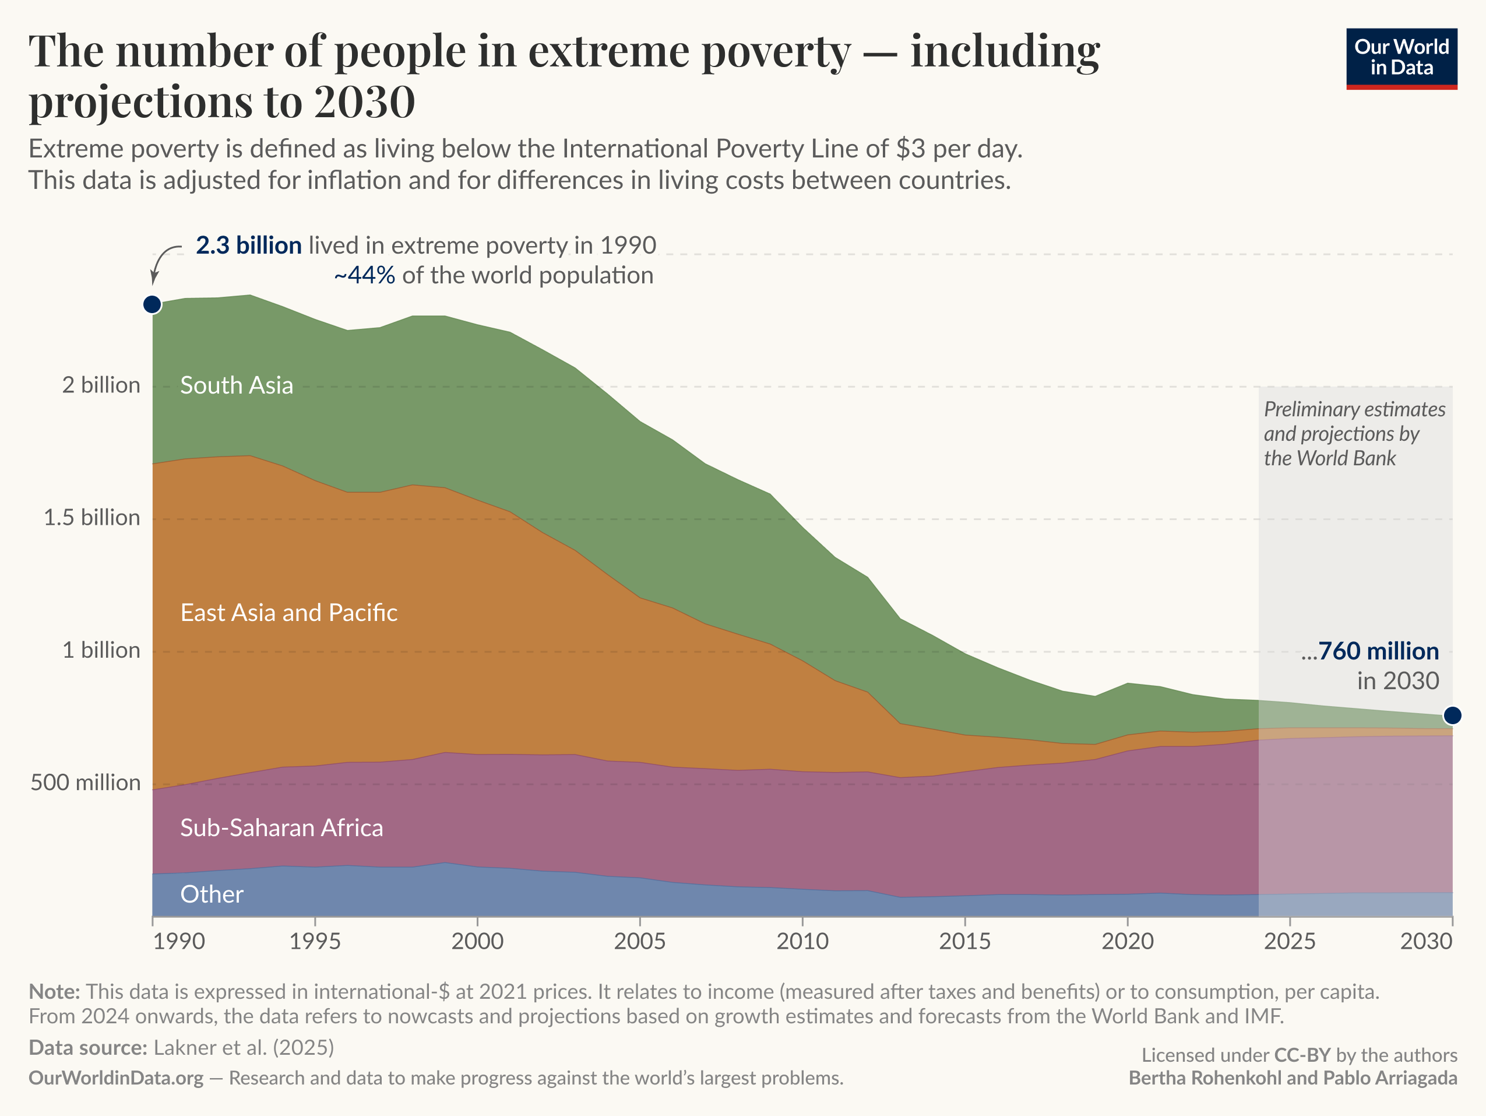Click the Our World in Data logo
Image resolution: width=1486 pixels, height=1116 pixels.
point(1402,58)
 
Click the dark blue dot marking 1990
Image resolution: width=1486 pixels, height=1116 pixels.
point(153,304)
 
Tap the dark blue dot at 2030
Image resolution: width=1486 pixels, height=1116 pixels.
point(1452,715)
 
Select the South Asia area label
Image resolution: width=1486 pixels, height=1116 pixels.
point(237,385)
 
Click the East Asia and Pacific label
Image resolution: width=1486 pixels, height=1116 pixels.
point(289,612)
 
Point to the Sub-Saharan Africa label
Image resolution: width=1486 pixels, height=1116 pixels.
point(281,827)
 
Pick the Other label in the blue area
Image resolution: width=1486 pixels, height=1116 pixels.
point(212,894)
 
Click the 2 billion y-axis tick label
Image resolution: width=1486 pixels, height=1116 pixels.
point(101,385)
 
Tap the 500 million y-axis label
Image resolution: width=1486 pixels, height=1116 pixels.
point(85,782)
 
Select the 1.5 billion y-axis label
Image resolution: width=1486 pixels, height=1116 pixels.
point(92,518)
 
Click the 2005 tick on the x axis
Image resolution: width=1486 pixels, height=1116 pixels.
point(639,940)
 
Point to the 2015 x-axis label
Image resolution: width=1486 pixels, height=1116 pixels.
point(964,940)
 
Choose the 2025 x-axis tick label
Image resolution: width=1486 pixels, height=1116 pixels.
point(1290,940)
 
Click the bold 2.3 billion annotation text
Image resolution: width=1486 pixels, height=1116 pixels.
point(249,245)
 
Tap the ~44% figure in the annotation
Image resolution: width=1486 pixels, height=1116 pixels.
point(365,276)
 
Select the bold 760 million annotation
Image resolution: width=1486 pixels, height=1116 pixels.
point(1378,651)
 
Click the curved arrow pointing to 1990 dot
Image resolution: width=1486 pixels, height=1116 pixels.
point(161,262)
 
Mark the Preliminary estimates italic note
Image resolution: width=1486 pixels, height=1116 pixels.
point(1354,433)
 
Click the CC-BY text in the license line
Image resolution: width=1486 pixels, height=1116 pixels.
point(1302,1055)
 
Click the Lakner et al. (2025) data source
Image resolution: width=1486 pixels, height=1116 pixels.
point(244,1047)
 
